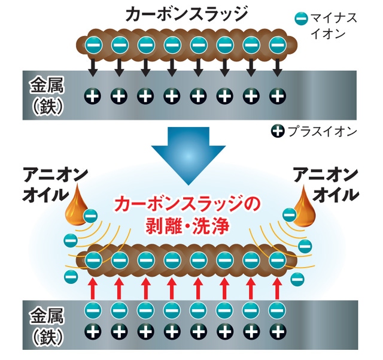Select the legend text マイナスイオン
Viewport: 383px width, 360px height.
(332, 27)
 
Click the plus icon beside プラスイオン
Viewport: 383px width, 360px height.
(277, 131)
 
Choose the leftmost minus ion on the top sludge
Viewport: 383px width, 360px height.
(92, 44)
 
